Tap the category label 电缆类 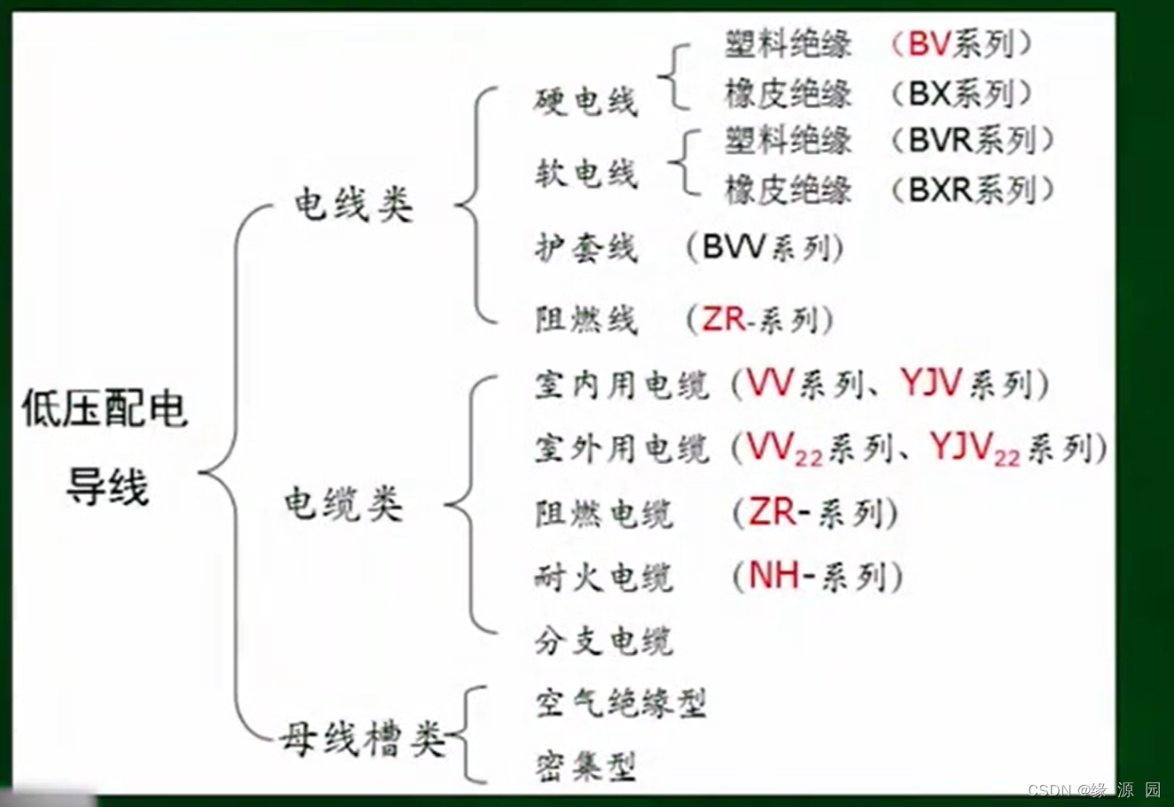click(343, 504)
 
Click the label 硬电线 click(586, 101)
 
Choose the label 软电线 click(586, 172)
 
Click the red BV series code click(929, 43)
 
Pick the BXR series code click(941, 189)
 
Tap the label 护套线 click(586, 247)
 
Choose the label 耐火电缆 click(603, 578)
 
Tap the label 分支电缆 click(603, 640)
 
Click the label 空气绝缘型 click(621, 703)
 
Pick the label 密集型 click(586, 766)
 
